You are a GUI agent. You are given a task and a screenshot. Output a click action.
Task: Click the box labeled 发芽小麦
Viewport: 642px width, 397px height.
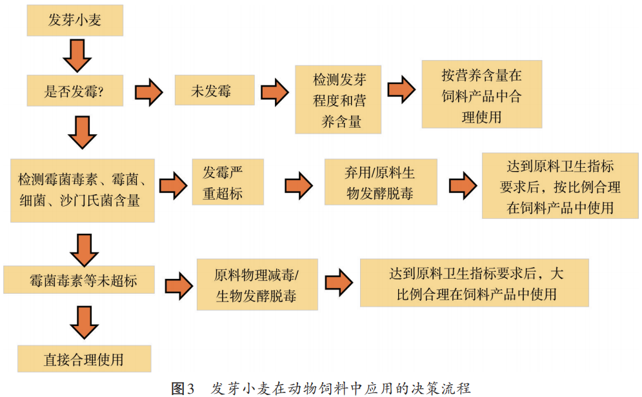[x=74, y=21]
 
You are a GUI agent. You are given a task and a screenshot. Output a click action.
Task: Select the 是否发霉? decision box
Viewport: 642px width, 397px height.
[x=74, y=91]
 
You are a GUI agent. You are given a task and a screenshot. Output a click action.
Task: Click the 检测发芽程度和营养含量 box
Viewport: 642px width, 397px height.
[x=338, y=99]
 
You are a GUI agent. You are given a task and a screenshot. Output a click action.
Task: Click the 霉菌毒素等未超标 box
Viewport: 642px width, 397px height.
[x=79, y=280]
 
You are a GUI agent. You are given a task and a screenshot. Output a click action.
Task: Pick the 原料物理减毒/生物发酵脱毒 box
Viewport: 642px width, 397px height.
[x=256, y=283]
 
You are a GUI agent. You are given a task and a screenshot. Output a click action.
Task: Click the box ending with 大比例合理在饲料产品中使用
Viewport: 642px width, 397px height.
[x=474, y=282]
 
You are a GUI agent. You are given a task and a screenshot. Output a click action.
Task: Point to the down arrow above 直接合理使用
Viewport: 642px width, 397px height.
[x=85, y=322]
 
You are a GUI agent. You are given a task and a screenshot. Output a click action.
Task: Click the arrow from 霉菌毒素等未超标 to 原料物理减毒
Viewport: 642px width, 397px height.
[x=178, y=285]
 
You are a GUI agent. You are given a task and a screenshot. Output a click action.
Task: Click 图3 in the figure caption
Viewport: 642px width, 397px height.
[x=183, y=388]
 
